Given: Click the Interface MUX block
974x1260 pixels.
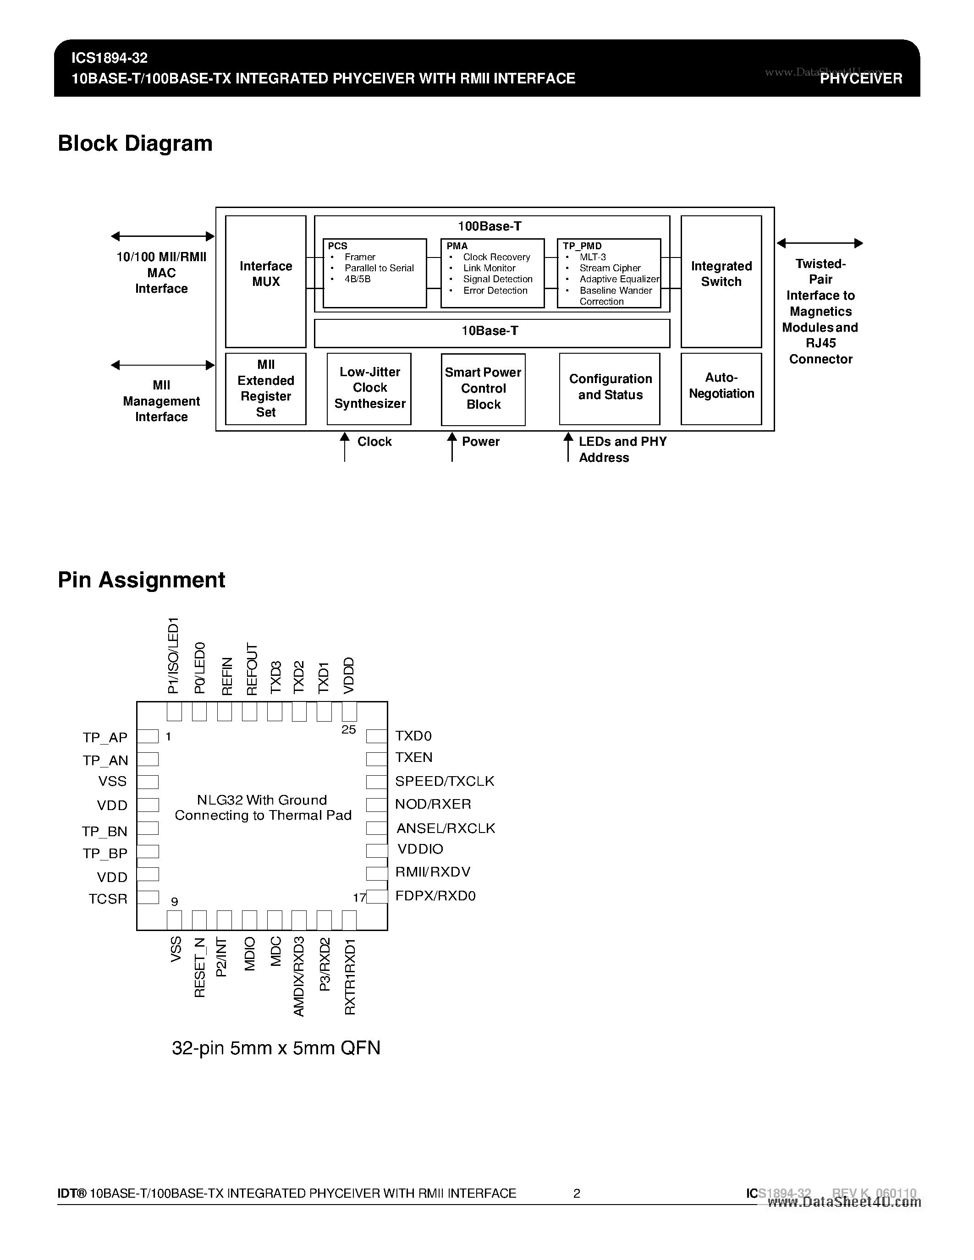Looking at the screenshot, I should click(265, 281).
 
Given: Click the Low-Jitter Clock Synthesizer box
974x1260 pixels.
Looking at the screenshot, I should click(369, 388).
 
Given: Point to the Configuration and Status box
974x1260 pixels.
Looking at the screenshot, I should click(610, 388).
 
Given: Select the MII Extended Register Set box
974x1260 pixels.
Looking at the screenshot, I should click(265, 388).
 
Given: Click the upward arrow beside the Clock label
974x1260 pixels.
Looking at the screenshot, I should click(345, 447).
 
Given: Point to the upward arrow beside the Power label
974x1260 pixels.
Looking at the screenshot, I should click(452, 447).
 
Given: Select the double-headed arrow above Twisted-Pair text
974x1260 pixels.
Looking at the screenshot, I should click(820, 243).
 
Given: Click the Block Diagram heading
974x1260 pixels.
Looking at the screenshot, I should click(135, 143).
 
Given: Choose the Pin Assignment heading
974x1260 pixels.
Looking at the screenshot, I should click(141, 580).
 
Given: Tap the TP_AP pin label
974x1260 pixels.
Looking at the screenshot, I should click(105, 738).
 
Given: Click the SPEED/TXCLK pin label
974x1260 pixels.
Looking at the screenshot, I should click(444, 781).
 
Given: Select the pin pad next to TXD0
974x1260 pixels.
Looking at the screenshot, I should click(376, 736).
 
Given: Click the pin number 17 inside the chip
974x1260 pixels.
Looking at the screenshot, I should click(359, 898).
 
